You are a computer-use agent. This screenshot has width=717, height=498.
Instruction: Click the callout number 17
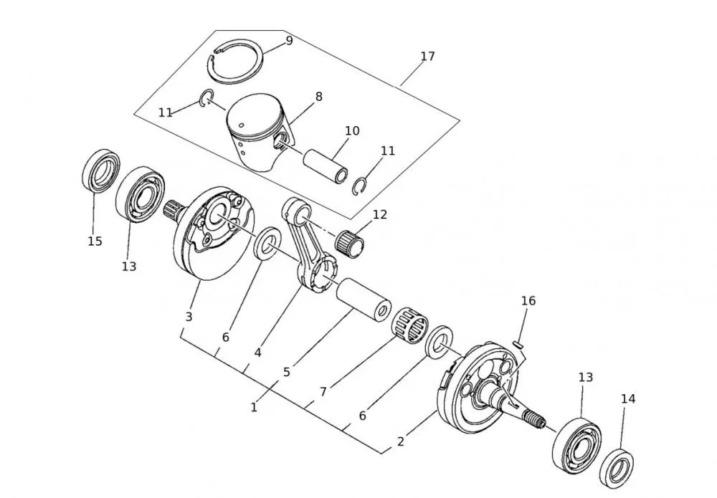point(428,56)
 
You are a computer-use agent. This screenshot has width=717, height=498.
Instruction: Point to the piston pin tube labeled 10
point(326,166)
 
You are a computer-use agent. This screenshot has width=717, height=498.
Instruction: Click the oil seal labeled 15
point(101,171)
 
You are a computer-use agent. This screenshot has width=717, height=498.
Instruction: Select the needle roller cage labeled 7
point(409,329)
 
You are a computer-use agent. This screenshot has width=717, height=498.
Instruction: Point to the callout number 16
point(528,301)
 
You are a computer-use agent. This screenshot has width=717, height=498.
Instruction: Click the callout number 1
point(254,407)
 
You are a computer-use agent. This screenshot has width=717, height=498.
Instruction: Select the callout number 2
point(401,441)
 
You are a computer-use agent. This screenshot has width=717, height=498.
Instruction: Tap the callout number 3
point(189,316)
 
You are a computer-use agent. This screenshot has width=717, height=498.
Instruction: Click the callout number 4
point(257,353)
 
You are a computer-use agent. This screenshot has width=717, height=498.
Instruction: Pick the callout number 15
point(95,241)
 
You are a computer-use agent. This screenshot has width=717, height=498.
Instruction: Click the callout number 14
point(628,399)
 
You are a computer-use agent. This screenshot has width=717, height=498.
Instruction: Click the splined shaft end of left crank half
point(174,211)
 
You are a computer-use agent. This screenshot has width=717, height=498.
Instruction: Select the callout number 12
point(380,214)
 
